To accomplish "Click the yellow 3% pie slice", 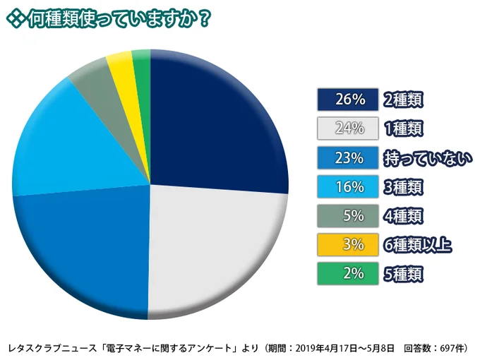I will tap(121, 65).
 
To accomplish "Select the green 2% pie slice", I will tap(142, 62).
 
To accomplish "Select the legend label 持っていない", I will tap(426, 157).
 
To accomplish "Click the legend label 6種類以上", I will tap(420, 244).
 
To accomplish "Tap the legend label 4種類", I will tap(406, 215).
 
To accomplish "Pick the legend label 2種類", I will tap(406, 100).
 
